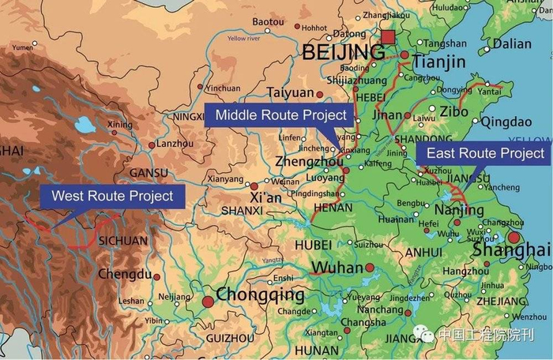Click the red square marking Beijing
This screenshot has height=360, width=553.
(x=387, y=37)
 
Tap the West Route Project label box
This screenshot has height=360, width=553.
(x=112, y=195)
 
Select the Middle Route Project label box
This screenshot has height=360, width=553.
(x=280, y=115)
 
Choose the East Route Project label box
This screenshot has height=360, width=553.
(x=486, y=153)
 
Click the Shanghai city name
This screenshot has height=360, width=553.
(x=510, y=250)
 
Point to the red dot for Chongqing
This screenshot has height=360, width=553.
(x=208, y=302)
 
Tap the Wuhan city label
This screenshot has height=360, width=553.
(x=337, y=268)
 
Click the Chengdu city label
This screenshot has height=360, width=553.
(x=124, y=275)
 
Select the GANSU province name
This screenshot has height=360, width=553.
(x=149, y=173)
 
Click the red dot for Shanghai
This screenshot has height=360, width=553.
(x=514, y=237)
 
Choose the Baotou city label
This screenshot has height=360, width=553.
(x=268, y=21)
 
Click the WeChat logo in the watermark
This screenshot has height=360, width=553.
(x=427, y=335)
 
